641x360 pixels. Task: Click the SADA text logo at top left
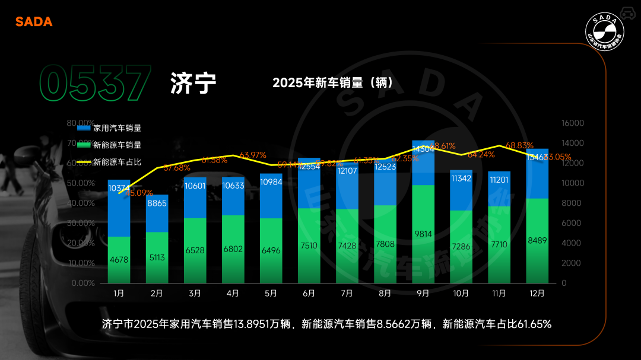point(34,22)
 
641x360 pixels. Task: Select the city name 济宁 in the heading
point(193,84)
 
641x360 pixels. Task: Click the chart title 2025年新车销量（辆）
point(333,82)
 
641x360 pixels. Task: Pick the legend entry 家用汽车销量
point(117,128)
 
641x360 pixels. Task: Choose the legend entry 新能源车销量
point(117,145)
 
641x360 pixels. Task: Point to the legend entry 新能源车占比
point(117,161)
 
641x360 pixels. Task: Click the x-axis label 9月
point(423,293)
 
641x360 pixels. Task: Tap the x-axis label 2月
point(157,293)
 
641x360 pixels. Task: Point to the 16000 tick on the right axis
point(573,123)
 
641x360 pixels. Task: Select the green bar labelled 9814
point(423,234)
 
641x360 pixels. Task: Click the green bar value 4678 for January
point(119,260)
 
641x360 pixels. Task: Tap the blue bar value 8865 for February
point(157,203)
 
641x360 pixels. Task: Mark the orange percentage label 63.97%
point(252,155)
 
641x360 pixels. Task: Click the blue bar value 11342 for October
point(461,178)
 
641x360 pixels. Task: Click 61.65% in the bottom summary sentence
point(535,324)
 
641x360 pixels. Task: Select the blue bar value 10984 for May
point(271,181)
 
